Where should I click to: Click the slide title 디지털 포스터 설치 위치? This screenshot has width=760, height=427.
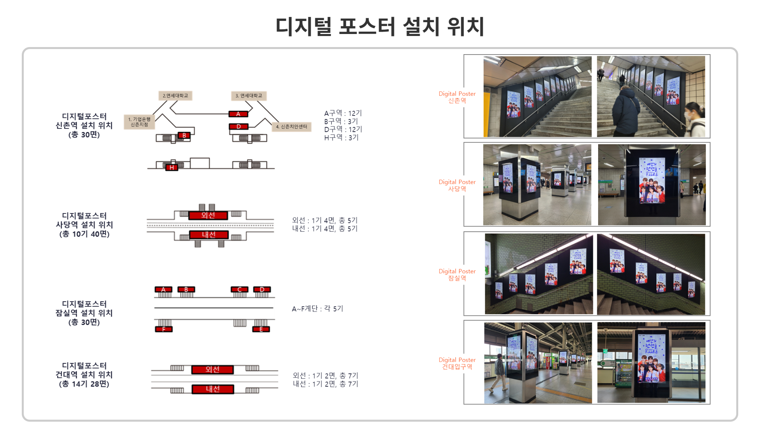click(380, 26)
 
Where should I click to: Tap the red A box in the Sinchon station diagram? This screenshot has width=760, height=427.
click(238, 114)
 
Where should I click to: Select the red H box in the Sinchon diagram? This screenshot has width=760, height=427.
click(171, 167)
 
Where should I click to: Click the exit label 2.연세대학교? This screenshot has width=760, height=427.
click(175, 96)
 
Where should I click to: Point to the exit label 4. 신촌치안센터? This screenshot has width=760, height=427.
click(291, 127)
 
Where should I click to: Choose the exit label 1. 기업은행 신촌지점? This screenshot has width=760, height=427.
click(139, 122)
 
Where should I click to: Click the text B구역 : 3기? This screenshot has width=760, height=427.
click(341, 121)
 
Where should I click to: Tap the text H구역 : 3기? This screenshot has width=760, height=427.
click(341, 138)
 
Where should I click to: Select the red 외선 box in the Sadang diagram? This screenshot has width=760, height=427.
click(208, 215)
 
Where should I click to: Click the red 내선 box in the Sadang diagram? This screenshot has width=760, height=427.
click(209, 235)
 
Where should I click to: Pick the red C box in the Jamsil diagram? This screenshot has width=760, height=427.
click(239, 290)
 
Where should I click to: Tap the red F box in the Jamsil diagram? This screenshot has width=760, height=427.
click(163, 329)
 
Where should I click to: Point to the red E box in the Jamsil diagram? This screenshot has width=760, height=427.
click(261, 329)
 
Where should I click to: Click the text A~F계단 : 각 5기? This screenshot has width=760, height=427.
click(317, 309)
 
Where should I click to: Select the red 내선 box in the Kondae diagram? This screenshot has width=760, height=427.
click(213, 389)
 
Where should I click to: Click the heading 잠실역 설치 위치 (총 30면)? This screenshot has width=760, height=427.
click(84, 313)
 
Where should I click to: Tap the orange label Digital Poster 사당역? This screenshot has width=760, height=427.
click(457, 185)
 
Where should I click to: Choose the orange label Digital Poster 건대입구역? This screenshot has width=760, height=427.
click(457, 363)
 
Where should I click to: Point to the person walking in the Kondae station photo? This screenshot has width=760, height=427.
click(498, 372)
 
